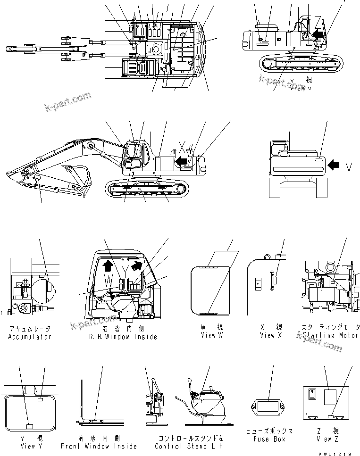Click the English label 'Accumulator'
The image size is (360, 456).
click(x=30, y=337)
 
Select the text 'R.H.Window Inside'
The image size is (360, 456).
click(x=123, y=337)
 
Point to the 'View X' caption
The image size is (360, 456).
click(x=271, y=335)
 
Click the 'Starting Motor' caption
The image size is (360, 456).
click(x=331, y=335)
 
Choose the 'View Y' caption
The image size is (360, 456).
click(x=28, y=446)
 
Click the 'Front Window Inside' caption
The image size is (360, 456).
click(x=99, y=446)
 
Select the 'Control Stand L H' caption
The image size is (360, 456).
click(x=188, y=446)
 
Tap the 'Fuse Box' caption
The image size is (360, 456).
click(x=269, y=439)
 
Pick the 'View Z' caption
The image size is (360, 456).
click(x=324, y=439)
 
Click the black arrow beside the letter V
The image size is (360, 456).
click(x=334, y=165)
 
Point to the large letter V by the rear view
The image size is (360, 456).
click(x=349, y=166)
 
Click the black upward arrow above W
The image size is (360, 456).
click(x=108, y=265)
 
